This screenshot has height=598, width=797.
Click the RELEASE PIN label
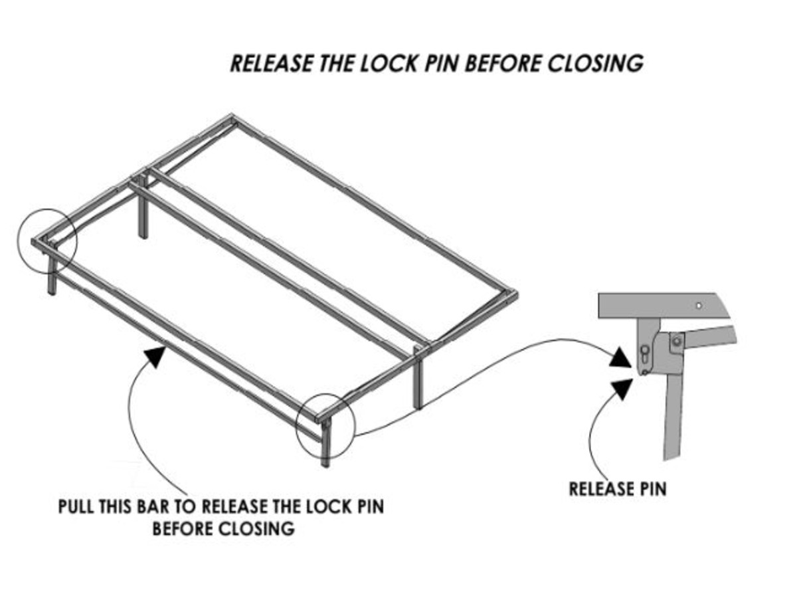(617, 489)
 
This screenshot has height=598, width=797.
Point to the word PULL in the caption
(76, 507)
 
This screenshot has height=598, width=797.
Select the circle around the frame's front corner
(326, 425)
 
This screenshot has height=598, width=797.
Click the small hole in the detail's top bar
(698, 306)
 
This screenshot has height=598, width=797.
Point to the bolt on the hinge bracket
(676, 342)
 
